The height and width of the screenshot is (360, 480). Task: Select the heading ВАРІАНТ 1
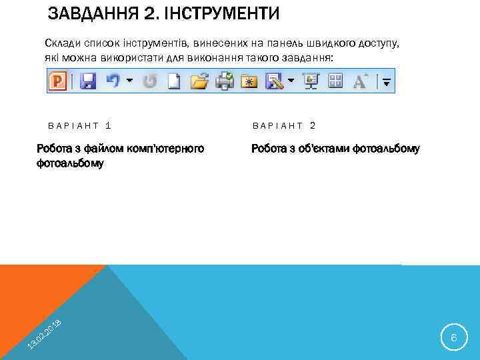79,125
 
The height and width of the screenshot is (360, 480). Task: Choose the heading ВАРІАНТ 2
284,125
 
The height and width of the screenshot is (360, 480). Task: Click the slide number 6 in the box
453,339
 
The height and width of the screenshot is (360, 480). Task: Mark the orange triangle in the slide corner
40,293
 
